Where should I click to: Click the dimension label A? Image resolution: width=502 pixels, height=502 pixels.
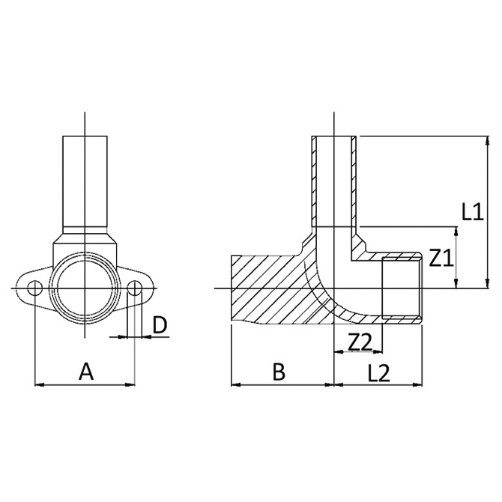(86, 370)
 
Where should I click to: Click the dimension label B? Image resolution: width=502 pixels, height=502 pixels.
(279, 372)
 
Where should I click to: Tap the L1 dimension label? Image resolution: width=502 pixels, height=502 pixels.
(471, 212)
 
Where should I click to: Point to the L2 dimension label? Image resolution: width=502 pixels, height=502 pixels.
(380, 372)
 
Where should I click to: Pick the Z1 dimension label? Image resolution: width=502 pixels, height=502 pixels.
(441, 259)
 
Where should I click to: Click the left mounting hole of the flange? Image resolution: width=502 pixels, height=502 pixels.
(35, 288)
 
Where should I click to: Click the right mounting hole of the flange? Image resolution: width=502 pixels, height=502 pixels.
(135, 288)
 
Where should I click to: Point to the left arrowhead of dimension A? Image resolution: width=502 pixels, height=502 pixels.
(39, 385)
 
